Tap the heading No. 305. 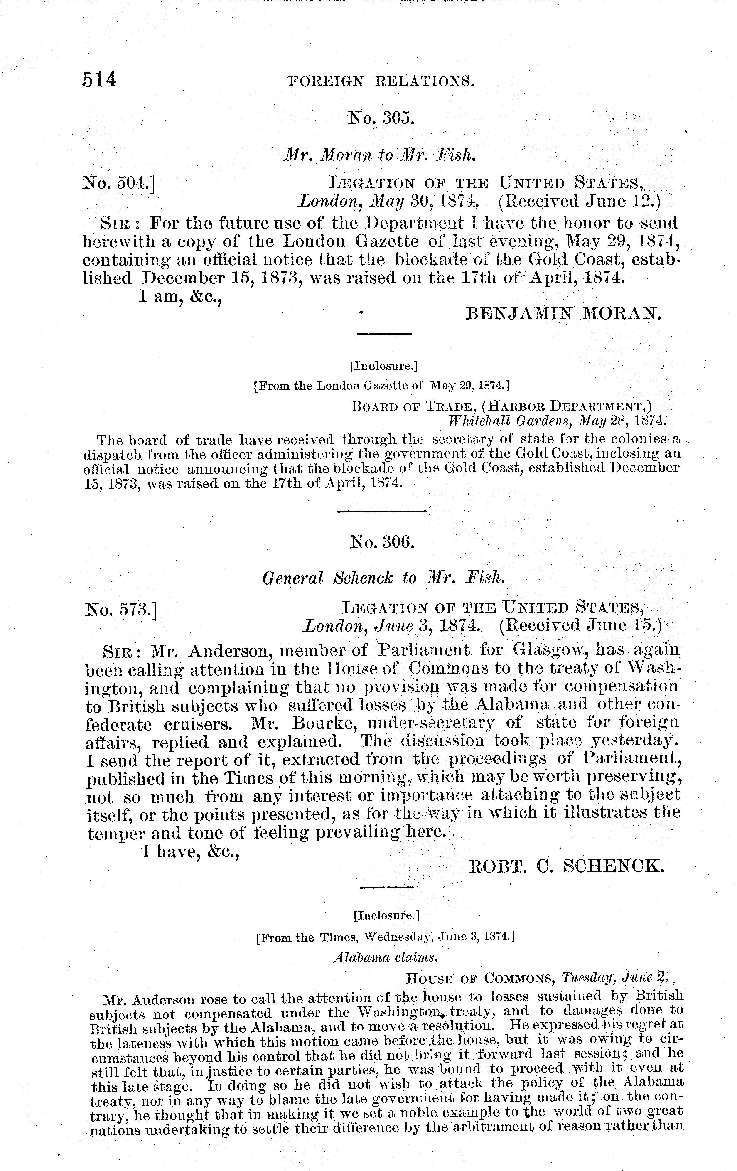[381, 118]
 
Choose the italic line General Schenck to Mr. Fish [381, 578]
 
